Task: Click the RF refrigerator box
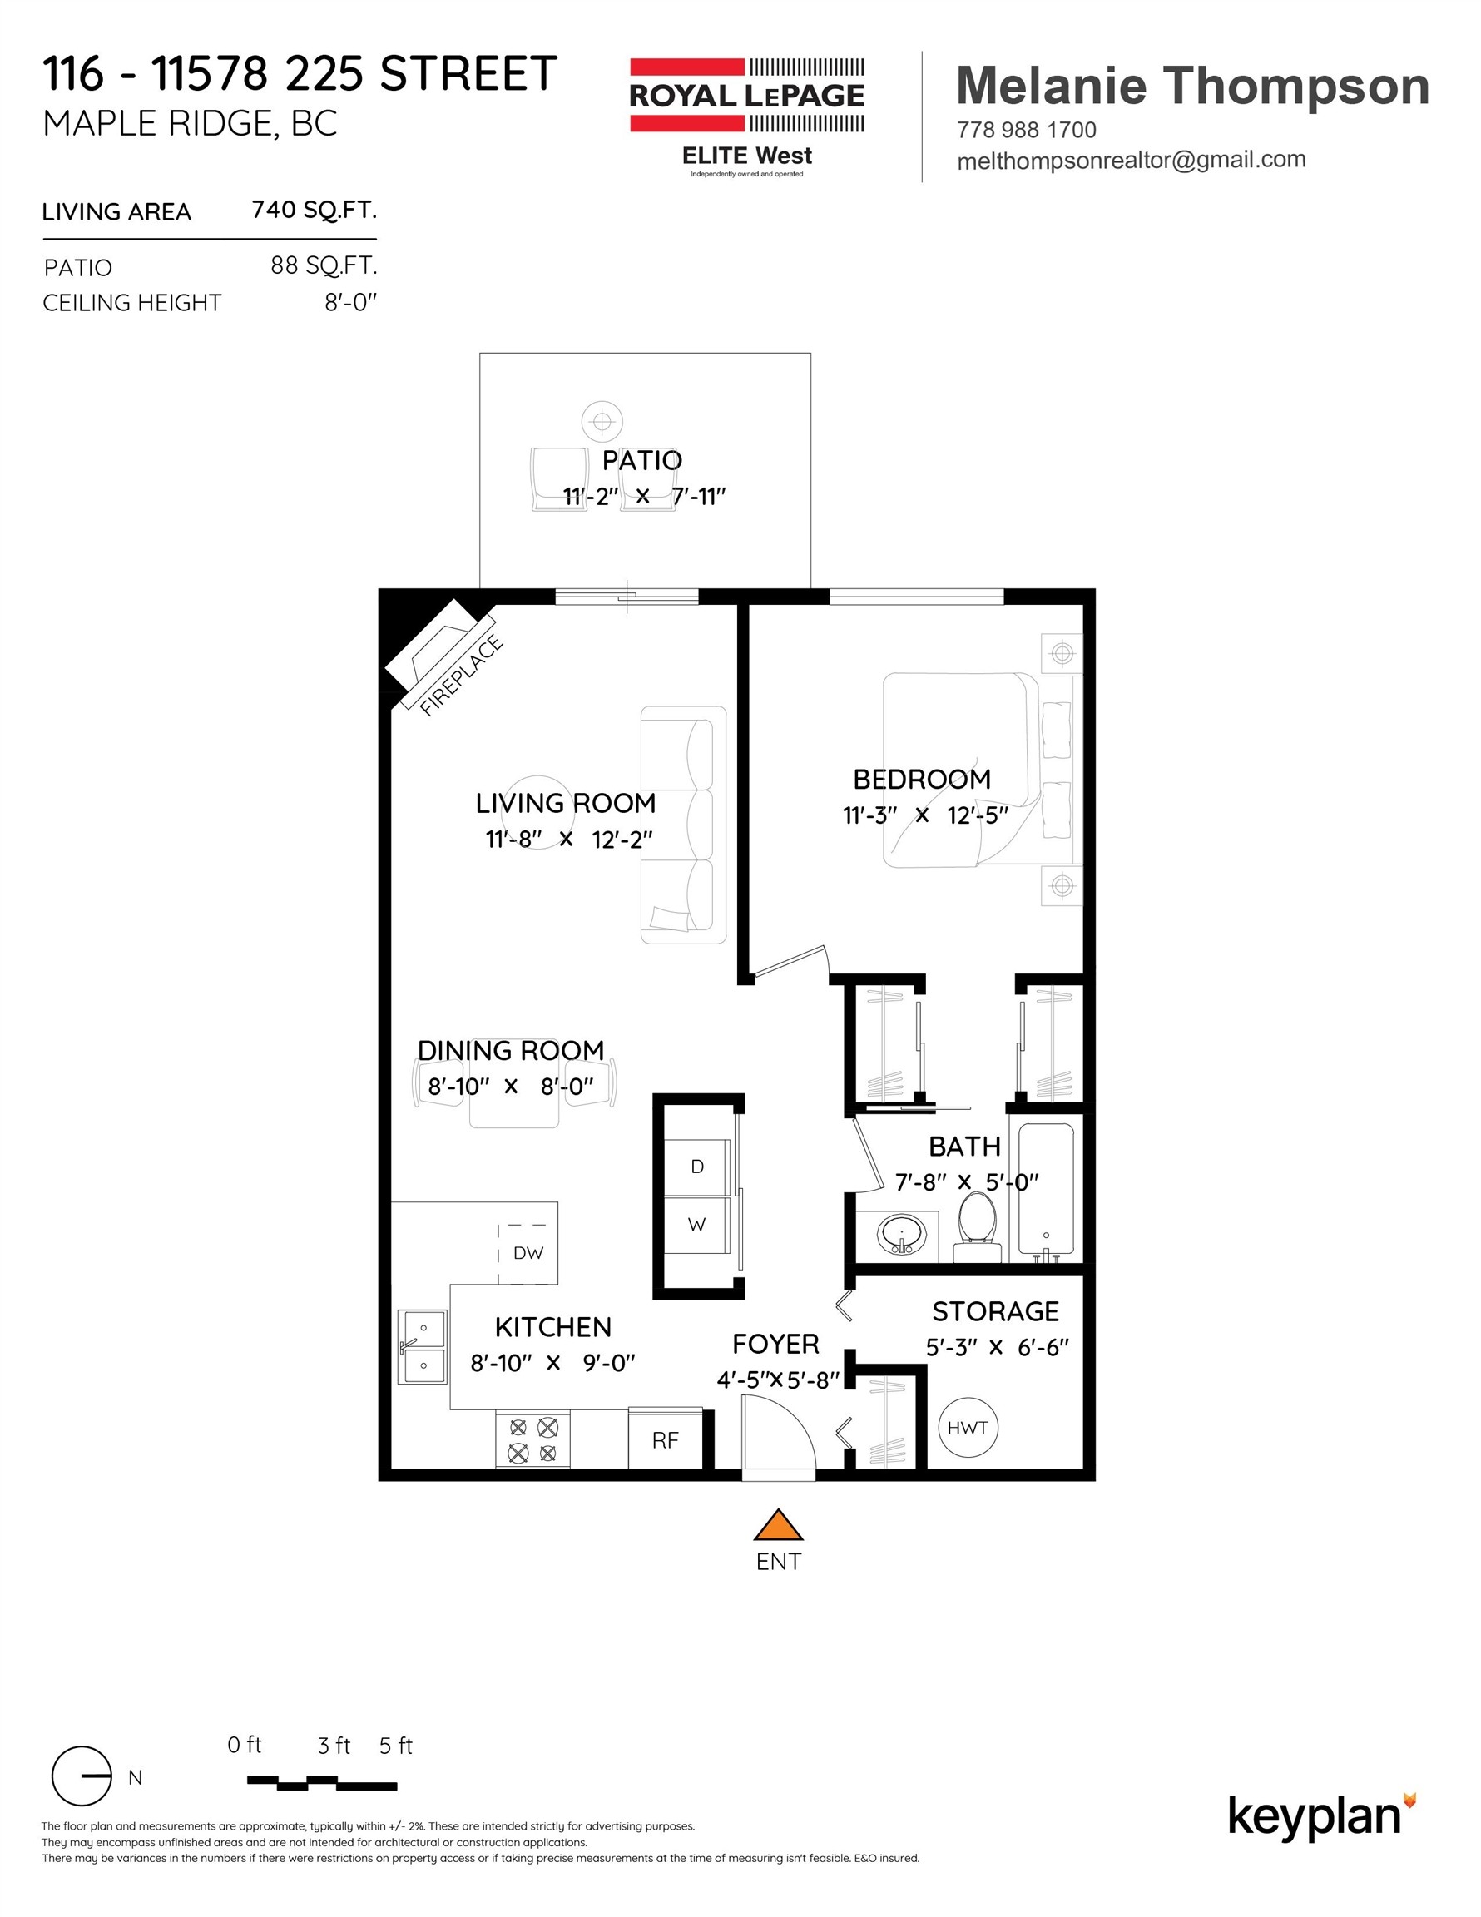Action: tap(666, 1440)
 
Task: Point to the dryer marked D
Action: tap(697, 1167)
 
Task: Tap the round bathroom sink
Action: tap(901, 1234)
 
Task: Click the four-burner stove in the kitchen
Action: tap(532, 1440)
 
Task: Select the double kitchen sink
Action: tap(423, 1346)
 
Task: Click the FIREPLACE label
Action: tap(462, 675)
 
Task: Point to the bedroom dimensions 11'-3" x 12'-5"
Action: tap(924, 815)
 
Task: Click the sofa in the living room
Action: tap(685, 825)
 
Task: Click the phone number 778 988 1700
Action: tap(1026, 130)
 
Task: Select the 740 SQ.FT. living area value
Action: tap(314, 210)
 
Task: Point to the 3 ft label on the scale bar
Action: tap(334, 1746)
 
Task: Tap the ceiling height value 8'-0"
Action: tap(350, 303)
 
